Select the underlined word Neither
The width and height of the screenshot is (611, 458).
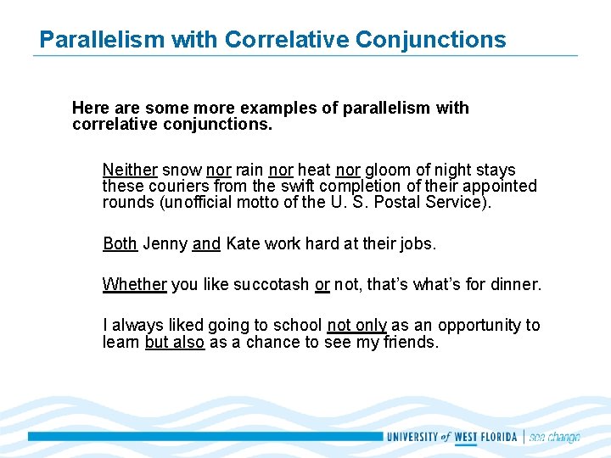pyautogui.click(x=130, y=170)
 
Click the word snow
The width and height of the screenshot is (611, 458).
pyautogui.click(x=182, y=170)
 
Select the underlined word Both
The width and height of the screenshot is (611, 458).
pyautogui.click(x=120, y=243)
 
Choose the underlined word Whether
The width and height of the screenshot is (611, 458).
pyautogui.click(x=134, y=284)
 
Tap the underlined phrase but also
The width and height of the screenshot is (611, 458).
pyautogui.click(x=175, y=342)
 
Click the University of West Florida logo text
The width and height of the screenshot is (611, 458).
pyautogui.click(x=452, y=437)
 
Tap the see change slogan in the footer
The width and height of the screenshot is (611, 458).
pyautogui.click(x=554, y=437)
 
